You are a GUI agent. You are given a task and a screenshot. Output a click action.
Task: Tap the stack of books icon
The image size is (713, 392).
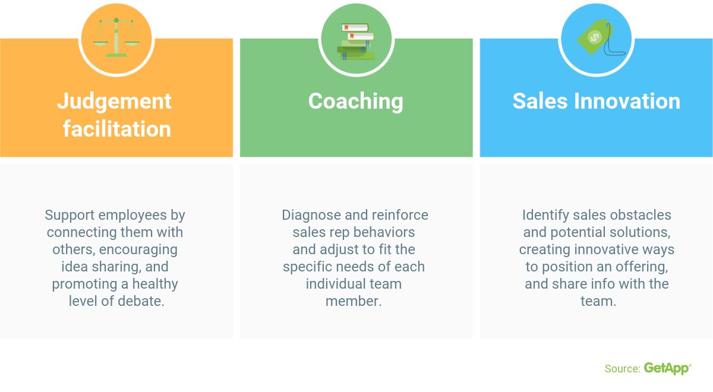click(x=356, y=42)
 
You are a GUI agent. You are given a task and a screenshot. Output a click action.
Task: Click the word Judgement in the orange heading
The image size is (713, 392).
click(x=114, y=102)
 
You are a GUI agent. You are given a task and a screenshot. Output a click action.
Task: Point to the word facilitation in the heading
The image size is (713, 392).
click(x=117, y=129)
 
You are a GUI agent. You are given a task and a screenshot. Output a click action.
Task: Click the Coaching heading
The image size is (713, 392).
click(x=355, y=102)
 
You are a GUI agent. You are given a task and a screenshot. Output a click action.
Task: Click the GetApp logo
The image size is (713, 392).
click(x=667, y=369)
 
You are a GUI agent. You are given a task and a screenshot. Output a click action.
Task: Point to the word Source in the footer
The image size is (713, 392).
click(x=621, y=369)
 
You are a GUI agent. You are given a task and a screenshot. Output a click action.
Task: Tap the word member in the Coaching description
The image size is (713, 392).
click(x=354, y=301)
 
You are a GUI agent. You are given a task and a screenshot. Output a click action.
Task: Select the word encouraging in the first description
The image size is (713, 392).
click(x=138, y=249)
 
